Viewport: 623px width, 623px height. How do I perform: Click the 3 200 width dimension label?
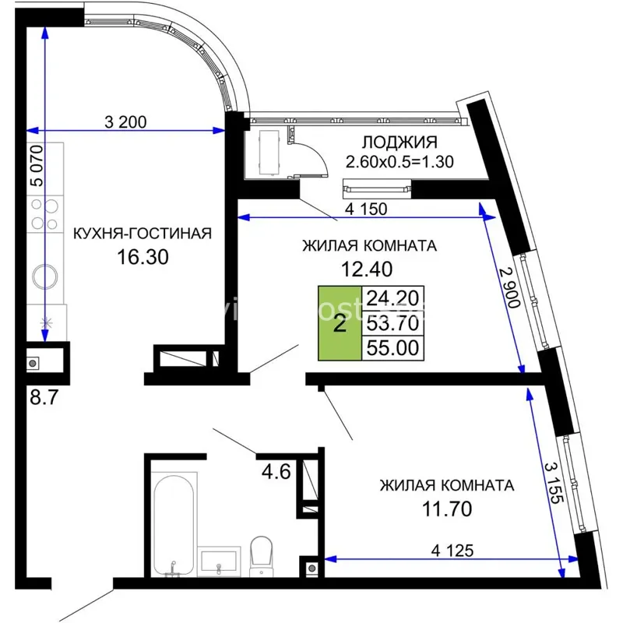pyautogui.click(x=125, y=121)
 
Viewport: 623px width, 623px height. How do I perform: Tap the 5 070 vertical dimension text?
pyautogui.click(x=37, y=166)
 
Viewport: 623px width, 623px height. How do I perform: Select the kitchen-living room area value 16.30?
pyautogui.click(x=143, y=257)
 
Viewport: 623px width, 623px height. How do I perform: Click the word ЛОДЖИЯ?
pyautogui.click(x=399, y=142)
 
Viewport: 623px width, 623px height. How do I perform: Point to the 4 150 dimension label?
pyautogui.click(x=366, y=209)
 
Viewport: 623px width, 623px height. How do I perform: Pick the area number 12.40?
pyautogui.click(x=367, y=269)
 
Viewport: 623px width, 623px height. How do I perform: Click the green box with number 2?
pyautogui.click(x=340, y=323)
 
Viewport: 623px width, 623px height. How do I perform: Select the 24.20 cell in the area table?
pyautogui.click(x=392, y=298)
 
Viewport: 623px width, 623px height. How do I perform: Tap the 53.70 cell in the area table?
pyautogui.click(x=392, y=323)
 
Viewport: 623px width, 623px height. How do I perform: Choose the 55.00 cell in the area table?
pyautogui.click(x=392, y=348)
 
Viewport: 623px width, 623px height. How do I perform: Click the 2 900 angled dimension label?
pyautogui.click(x=510, y=287)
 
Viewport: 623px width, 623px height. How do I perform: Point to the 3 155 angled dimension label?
pyautogui.click(x=553, y=482)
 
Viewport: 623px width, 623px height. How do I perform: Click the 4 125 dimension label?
pyautogui.click(x=452, y=551)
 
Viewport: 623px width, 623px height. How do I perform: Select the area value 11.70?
pyautogui.click(x=447, y=509)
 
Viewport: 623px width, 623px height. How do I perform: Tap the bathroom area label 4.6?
pyautogui.click(x=276, y=472)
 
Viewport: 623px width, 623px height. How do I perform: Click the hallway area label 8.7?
pyautogui.click(x=44, y=396)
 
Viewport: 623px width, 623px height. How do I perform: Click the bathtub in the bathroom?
pyautogui.click(x=174, y=524)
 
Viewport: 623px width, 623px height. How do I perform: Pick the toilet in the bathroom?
pyautogui.click(x=261, y=556)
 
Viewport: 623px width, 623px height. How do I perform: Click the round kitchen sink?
pyautogui.click(x=45, y=276)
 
